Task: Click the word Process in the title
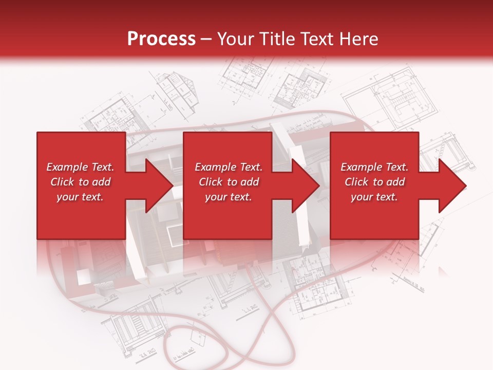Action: pos(161,39)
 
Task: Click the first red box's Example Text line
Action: pos(80,167)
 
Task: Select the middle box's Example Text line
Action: pos(229,167)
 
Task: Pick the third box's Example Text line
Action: pos(374,167)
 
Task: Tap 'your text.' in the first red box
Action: pos(80,197)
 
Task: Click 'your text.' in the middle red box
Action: pos(229,197)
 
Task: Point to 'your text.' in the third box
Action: pos(374,197)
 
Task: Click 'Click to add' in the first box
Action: pos(80,182)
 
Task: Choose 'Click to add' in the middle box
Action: pos(229,182)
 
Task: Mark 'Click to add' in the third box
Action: pos(374,182)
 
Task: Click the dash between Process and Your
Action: pos(206,39)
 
